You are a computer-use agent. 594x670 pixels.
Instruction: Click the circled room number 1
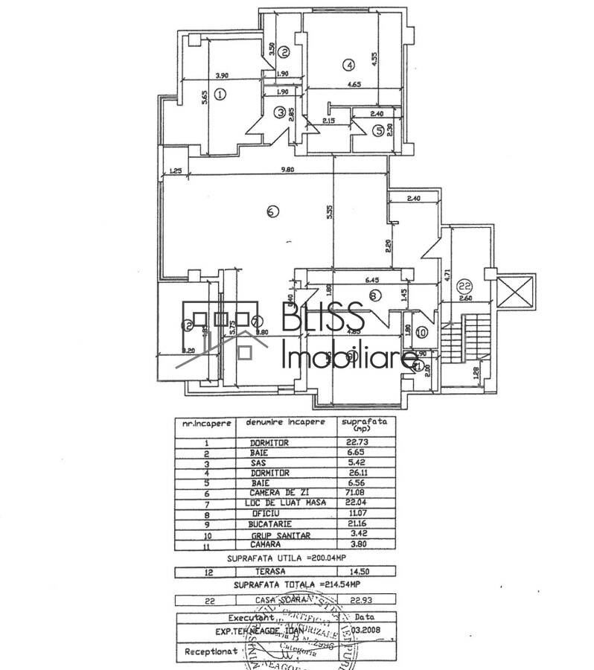click(220, 95)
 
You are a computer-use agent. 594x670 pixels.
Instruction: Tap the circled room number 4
click(349, 64)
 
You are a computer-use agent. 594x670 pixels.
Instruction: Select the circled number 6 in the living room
click(272, 211)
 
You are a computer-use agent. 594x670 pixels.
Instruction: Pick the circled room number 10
click(422, 332)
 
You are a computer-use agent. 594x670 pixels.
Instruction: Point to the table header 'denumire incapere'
click(286, 422)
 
